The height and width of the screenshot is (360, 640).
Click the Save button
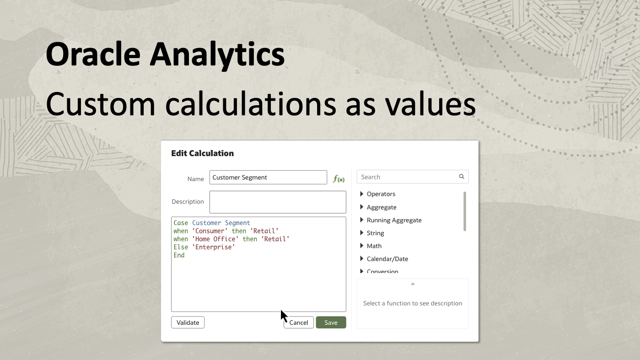click(331, 322)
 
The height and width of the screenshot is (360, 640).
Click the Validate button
click(188, 322)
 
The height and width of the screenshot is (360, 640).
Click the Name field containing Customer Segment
click(268, 177)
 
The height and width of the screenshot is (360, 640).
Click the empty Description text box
click(278, 202)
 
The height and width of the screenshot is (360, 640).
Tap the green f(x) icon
click(339, 179)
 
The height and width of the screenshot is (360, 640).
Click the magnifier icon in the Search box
click(462, 177)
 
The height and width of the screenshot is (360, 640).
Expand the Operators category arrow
click(362, 194)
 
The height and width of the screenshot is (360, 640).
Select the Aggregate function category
click(382, 207)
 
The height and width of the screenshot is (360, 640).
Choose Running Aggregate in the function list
click(394, 220)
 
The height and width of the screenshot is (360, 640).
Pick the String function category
click(375, 233)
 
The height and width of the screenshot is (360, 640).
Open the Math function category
click(374, 246)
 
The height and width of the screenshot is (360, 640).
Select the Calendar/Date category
click(387, 259)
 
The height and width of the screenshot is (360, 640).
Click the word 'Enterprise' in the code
click(214, 247)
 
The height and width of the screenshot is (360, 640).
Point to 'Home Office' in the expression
click(215, 239)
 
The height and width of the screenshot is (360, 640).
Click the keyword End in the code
click(179, 255)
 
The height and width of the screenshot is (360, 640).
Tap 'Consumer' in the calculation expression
click(210, 231)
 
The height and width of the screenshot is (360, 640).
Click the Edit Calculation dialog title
click(202, 153)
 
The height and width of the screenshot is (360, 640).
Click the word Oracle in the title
click(93, 54)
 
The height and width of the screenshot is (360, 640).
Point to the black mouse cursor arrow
click(284, 316)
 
